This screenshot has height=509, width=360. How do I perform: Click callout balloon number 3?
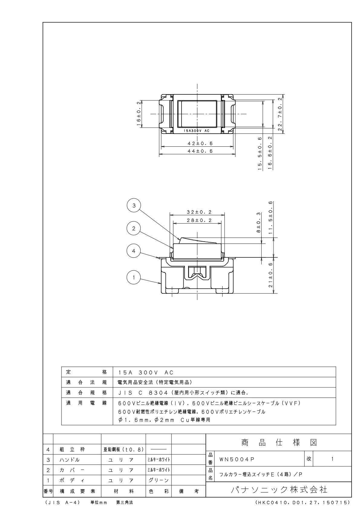[134, 206]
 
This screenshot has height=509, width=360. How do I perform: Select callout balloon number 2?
[134, 228]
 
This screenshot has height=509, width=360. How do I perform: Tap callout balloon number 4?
[134, 250]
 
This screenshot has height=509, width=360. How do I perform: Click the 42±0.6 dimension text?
[198, 143]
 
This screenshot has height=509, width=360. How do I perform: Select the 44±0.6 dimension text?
[198, 151]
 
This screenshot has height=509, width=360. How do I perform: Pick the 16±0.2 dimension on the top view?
[139, 114]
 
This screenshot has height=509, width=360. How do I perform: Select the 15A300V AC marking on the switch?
[196, 131]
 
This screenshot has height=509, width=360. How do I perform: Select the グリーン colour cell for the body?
[158, 480]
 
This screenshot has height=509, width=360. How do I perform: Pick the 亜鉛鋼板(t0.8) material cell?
[123, 449]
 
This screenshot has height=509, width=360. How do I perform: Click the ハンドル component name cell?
[70, 460]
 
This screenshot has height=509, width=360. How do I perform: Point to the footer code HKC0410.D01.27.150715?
[303, 502]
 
